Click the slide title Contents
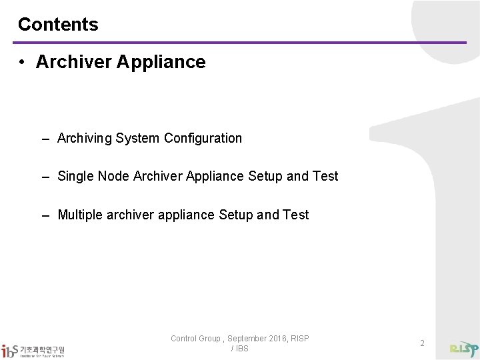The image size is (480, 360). [58, 25]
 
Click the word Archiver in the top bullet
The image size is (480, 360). [73, 62]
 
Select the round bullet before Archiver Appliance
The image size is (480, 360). [22, 63]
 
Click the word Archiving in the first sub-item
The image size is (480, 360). [85, 139]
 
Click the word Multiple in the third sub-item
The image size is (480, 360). [80, 215]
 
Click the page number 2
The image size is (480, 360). [422, 343]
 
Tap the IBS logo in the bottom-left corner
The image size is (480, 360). [33, 349]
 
